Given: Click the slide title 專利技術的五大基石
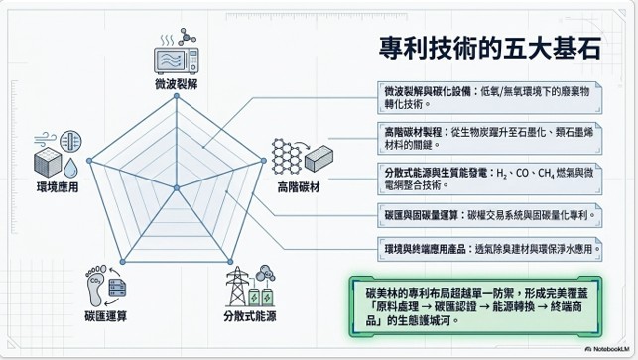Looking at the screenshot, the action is click(x=490, y=48).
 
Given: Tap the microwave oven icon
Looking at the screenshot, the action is click(x=177, y=60).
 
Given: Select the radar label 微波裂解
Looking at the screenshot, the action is click(x=177, y=84).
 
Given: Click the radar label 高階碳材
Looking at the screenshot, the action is click(x=299, y=187).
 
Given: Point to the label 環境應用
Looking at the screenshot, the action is click(x=58, y=187).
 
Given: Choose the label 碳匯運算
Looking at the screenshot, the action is click(x=106, y=316).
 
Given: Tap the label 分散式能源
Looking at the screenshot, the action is click(x=250, y=316).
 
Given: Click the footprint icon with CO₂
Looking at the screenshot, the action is click(x=96, y=286).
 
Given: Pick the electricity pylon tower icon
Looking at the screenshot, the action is click(x=237, y=287).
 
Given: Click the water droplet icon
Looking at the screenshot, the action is click(x=70, y=168).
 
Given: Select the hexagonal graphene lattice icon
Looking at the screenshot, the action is click(x=287, y=156).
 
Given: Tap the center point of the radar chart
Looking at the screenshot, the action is click(x=177, y=187).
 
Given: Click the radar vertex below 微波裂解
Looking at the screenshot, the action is click(x=177, y=96).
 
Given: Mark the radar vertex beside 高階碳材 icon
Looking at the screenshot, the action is click(x=264, y=161).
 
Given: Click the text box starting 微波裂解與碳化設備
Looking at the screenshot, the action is click(x=489, y=97).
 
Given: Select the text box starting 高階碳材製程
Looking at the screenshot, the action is click(x=489, y=138).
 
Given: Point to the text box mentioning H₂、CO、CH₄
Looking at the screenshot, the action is click(x=489, y=179).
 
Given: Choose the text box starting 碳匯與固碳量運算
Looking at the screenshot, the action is click(x=489, y=215).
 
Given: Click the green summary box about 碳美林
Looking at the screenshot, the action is click(x=475, y=306).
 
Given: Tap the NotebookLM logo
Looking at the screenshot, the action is click(x=608, y=349).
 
